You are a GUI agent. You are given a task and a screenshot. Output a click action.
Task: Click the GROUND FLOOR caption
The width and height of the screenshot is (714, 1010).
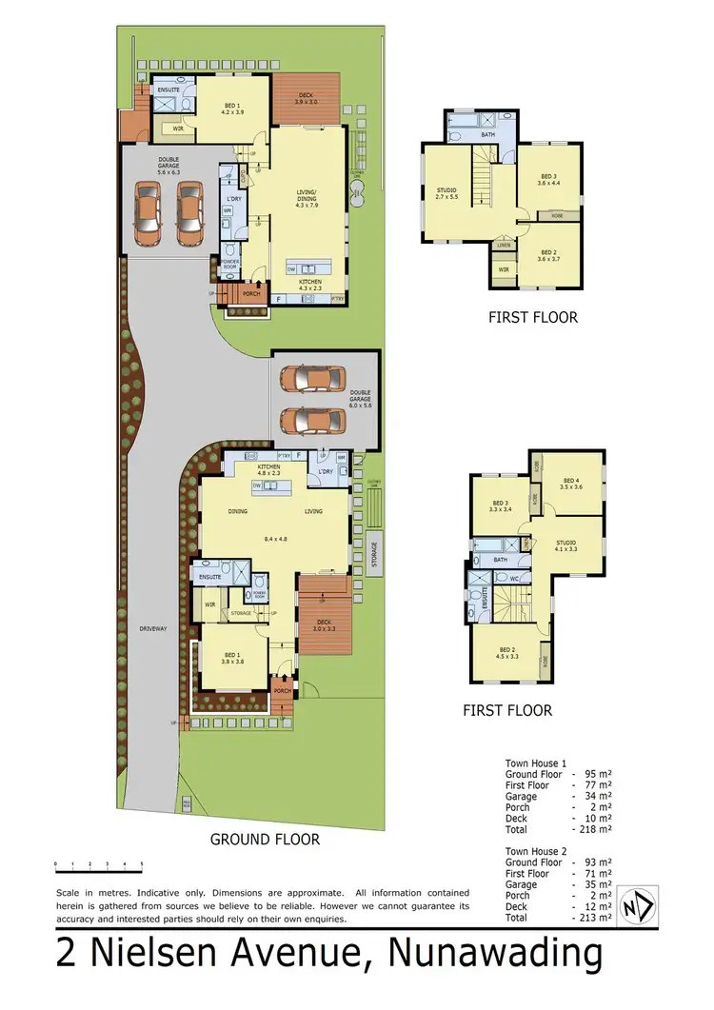265,839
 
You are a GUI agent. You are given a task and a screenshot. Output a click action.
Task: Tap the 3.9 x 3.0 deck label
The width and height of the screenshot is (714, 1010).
306,99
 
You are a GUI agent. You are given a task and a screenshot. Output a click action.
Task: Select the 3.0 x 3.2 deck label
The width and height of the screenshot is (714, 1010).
324,625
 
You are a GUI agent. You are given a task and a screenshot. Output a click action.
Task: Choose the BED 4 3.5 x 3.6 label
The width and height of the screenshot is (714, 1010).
571,484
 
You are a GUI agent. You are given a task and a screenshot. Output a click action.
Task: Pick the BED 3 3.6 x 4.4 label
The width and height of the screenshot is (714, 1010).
549,180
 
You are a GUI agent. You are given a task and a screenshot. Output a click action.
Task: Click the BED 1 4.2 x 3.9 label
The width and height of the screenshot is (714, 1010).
232,109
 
